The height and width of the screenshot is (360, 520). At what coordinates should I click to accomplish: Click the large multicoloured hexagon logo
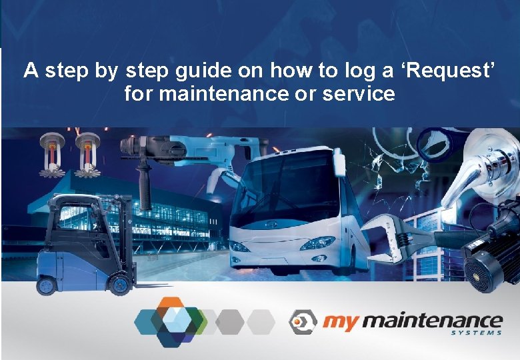click(171, 321)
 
